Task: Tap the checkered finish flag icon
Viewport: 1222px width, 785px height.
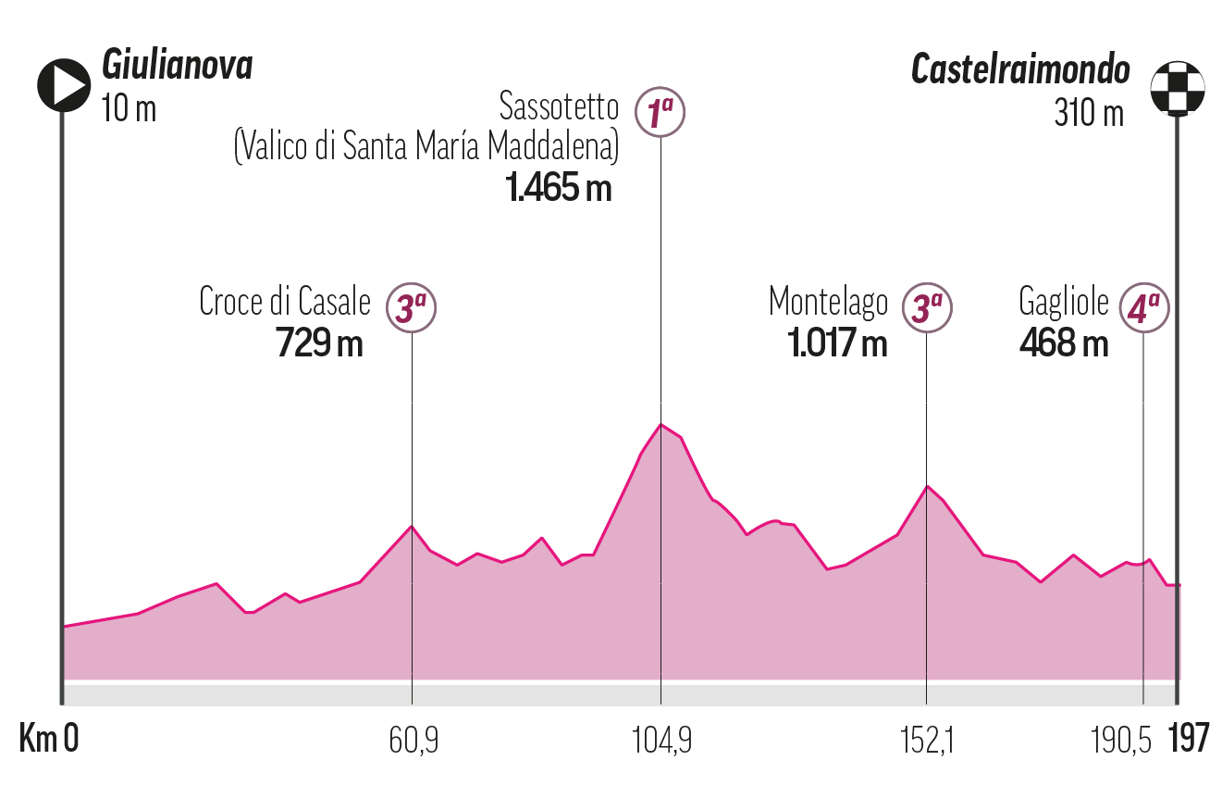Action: (1177, 87)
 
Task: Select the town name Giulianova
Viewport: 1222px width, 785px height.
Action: (177, 67)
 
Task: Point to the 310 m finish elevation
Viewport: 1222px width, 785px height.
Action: (1089, 113)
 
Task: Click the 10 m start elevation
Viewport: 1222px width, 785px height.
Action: (129, 109)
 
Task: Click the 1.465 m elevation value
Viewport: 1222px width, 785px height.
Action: (558, 188)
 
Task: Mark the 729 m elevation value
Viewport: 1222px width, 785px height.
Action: (319, 343)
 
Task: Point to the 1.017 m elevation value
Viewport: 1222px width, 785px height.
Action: (837, 343)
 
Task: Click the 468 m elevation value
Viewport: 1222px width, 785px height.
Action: (1063, 343)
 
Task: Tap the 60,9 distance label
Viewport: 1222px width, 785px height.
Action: (413, 741)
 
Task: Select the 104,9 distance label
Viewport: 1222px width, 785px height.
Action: (661, 741)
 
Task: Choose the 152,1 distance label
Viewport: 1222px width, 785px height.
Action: (926, 741)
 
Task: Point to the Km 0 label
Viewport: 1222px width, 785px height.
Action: (49, 740)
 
